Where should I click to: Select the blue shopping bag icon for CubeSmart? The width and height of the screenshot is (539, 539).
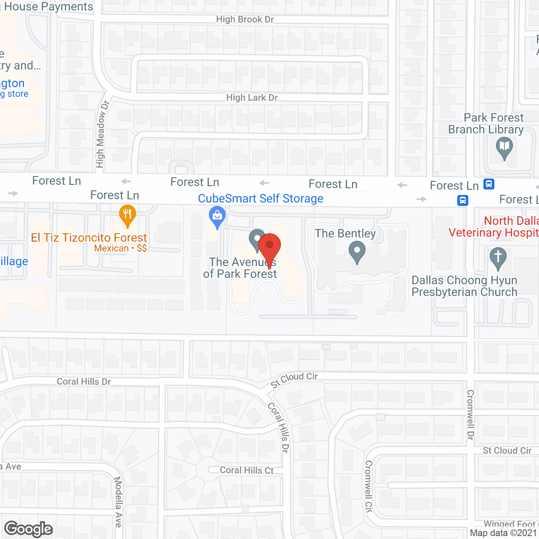click(217, 217)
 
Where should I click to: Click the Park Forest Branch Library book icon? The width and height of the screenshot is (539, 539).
click(504, 148)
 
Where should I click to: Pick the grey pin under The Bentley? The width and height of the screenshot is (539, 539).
click(357, 251)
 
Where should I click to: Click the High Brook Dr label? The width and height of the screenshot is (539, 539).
click(245, 19)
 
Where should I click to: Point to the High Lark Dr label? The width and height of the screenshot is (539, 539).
click(252, 98)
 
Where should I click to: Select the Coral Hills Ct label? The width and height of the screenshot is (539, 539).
click(247, 470)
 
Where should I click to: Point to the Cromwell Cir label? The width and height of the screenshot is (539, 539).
click(369, 486)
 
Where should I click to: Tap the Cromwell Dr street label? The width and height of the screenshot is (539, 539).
click(470, 415)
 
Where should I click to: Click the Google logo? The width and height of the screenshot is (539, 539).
click(29, 529)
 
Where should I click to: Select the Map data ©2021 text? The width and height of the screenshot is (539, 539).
click(503, 533)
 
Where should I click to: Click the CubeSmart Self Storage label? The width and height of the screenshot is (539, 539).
click(261, 199)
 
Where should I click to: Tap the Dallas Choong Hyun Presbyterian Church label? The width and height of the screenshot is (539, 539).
click(464, 286)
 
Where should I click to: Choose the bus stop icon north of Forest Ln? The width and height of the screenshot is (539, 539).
click(489, 184)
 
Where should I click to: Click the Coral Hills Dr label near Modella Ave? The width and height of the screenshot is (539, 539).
click(84, 382)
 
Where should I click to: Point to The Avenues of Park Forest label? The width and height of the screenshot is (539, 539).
click(240, 268)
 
